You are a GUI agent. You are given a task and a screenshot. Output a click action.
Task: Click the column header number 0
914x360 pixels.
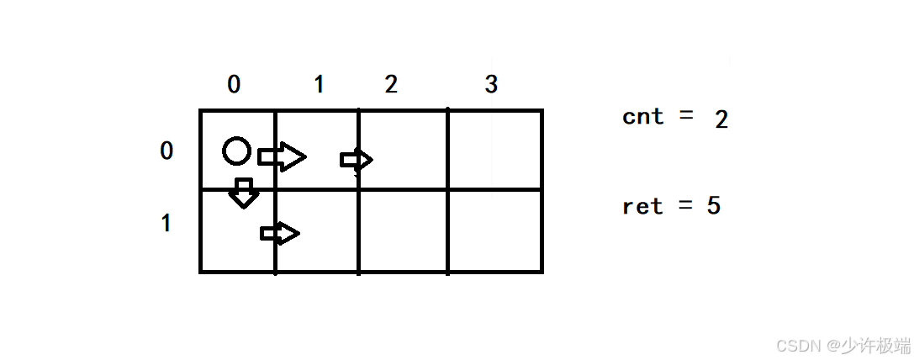(234, 84)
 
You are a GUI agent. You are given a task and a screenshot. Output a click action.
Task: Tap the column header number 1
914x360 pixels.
(318, 84)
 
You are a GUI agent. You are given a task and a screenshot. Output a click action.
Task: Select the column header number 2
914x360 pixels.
(390, 84)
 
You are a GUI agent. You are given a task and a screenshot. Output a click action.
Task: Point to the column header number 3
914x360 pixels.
(491, 84)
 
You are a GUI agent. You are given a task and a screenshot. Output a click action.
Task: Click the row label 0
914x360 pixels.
(166, 151)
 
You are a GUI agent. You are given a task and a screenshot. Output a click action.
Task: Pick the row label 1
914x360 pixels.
(166, 223)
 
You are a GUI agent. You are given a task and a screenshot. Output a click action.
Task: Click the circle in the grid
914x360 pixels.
(236, 151)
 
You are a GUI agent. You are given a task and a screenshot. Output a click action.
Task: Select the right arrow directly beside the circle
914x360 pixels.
(282, 156)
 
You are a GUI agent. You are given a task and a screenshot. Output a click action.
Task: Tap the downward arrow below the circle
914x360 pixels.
(244, 193)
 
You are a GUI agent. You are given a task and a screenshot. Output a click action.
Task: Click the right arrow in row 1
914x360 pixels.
(280, 233)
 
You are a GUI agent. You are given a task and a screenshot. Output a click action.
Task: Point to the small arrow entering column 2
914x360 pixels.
(357, 159)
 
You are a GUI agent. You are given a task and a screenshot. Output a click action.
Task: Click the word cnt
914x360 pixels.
(643, 116)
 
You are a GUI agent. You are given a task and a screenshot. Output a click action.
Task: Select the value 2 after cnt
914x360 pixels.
(721, 119)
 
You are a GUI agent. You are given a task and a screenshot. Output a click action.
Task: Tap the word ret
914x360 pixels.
(642, 206)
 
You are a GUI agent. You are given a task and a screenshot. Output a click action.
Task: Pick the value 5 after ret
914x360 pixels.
(714, 206)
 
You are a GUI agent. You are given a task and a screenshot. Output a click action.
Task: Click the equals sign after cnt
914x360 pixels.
(686, 116)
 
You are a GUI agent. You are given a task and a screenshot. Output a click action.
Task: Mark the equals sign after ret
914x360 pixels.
(685, 206)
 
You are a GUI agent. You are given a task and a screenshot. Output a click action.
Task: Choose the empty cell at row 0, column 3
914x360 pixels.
(494, 150)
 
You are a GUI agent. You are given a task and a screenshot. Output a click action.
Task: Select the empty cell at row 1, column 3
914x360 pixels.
(494, 230)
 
